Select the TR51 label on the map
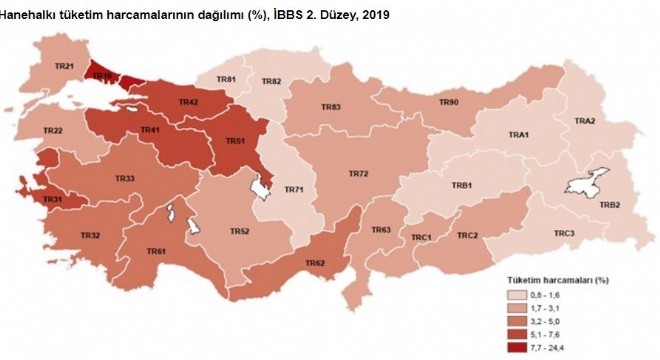(x=235, y=141)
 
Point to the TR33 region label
(x=125, y=178)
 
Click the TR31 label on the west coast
(x=52, y=200)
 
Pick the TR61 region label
(x=156, y=251)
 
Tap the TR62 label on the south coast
(x=314, y=263)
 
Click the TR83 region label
(x=331, y=107)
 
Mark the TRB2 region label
(x=610, y=205)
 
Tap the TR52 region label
(x=239, y=231)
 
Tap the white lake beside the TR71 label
(x=264, y=185)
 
